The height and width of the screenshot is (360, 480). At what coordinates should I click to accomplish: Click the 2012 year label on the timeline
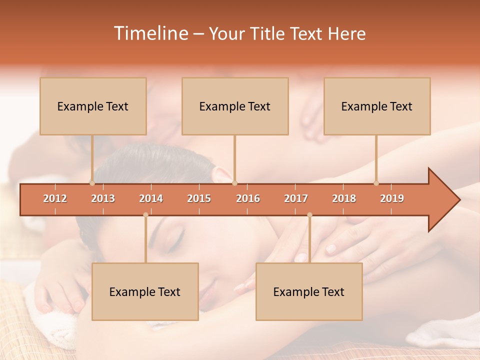coord(55,198)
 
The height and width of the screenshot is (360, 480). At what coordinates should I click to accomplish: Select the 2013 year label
coord(103,198)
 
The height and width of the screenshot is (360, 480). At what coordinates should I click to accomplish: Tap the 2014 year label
coord(151,198)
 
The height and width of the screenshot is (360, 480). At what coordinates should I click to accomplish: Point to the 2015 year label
coord(199,198)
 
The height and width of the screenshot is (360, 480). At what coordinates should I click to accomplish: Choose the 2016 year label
coord(248,198)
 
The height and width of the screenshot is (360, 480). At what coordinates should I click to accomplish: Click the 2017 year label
coord(296,198)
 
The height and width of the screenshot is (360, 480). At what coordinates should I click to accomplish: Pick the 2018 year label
coord(344,198)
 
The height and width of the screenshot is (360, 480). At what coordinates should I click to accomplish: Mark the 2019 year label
coord(392,198)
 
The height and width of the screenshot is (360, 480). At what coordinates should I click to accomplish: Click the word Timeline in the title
coord(150,33)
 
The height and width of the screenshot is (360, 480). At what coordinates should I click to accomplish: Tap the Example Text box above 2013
coord(93,106)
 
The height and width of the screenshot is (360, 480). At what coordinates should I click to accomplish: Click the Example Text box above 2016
coord(235,106)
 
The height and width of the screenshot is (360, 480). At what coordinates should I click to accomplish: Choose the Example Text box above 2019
coord(377,106)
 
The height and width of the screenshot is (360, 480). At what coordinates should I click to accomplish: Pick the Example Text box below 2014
coord(145,291)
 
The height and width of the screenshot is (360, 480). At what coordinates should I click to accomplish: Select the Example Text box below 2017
coord(309,291)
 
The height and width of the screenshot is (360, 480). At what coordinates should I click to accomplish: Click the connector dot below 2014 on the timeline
coord(145,215)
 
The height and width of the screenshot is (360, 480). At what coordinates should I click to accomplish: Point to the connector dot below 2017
coord(309,215)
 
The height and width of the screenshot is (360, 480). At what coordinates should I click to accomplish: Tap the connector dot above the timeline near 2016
coord(235,183)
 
